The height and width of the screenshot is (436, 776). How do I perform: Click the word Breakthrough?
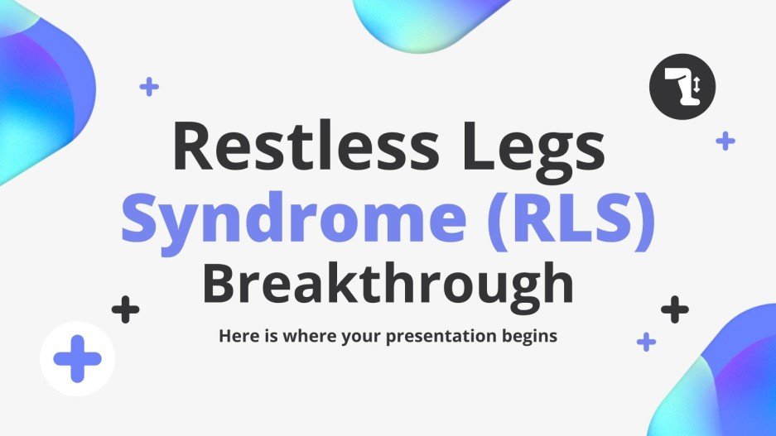coord(388,282)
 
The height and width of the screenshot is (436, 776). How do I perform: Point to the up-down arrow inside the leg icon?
coord(697,84)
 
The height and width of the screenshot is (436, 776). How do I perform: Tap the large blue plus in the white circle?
coord(77,359)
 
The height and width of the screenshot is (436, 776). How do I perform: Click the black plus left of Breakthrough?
coord(125,310)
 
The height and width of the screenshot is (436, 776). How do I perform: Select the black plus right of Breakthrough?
coord(675,309)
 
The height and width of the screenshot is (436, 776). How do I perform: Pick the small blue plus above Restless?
coord(149,86)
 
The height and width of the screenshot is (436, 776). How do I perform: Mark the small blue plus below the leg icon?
coord(725,141)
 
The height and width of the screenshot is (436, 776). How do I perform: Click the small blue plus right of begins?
coord(646,341)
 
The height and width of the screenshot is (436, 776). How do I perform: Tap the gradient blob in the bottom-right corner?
coord(729,381)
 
